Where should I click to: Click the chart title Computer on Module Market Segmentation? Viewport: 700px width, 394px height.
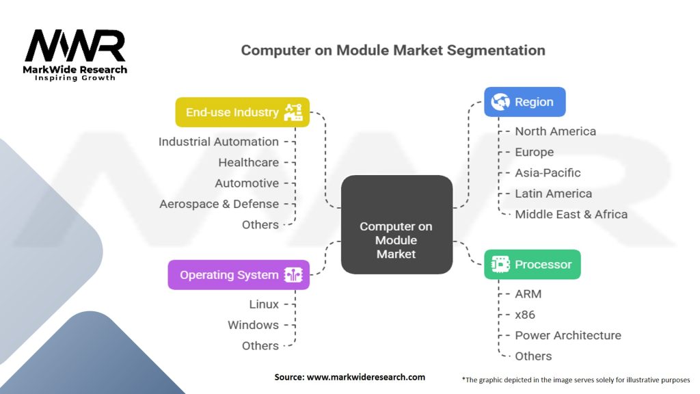[393, 51]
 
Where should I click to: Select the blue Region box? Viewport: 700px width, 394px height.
[524, 102]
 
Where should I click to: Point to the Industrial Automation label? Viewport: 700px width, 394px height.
[219, 142]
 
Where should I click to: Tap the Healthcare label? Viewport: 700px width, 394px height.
[248, 163]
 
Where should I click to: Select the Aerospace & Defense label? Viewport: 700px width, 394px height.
[219, 204]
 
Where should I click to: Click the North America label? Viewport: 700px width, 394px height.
[555, 131]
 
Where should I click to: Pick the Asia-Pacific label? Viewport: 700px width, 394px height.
[548, 173]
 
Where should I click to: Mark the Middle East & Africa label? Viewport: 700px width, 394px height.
[571, 214]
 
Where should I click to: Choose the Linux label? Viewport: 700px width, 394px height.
[264, 304]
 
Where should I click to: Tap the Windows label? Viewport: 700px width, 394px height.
[253, 325]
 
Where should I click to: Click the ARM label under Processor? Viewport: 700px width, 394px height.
[528, 294]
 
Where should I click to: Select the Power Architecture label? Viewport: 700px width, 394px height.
[567, 335]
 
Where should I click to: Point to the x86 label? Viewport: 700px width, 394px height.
[525, 315]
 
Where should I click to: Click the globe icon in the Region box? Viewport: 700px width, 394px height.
[500, 102]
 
